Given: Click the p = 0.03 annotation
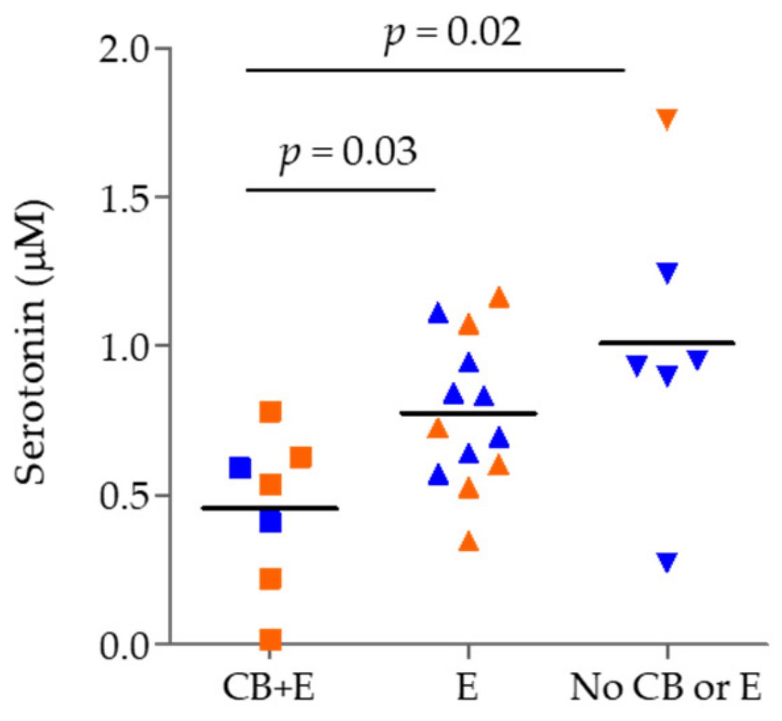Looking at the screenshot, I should [348, 153].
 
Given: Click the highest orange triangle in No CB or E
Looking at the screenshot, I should [666, 118].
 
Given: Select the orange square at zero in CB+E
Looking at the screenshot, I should [270, 639].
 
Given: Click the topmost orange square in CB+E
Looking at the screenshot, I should [270, 412].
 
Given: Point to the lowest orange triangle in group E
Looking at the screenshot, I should [469, 542].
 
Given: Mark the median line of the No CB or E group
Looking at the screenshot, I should [666, 343].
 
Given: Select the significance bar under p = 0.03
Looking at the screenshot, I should [341, 189].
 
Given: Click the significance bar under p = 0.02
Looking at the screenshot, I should [435, 70].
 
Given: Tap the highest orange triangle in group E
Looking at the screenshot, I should [499, 298].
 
